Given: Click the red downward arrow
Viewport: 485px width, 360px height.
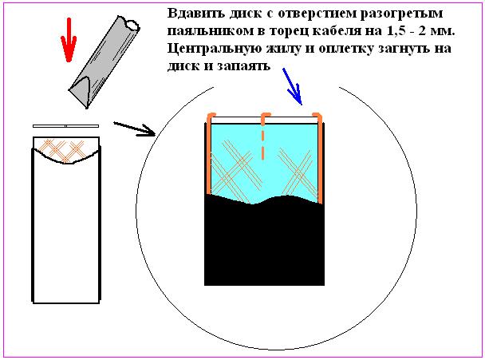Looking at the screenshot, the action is pos(69,40).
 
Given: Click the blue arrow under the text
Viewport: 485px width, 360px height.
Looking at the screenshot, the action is pos(292,86).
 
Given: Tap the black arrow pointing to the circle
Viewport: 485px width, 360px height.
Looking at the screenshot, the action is pos(134,129).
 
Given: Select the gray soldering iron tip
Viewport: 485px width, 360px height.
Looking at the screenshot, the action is pos(104,62).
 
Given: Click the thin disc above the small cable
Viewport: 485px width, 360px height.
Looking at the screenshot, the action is pos(66,126).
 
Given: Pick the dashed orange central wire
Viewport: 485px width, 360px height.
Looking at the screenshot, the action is pos(263,136).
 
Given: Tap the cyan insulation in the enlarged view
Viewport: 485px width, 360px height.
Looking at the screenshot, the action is pos(264,161).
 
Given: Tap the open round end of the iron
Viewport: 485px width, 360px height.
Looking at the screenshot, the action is pos(132,24).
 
